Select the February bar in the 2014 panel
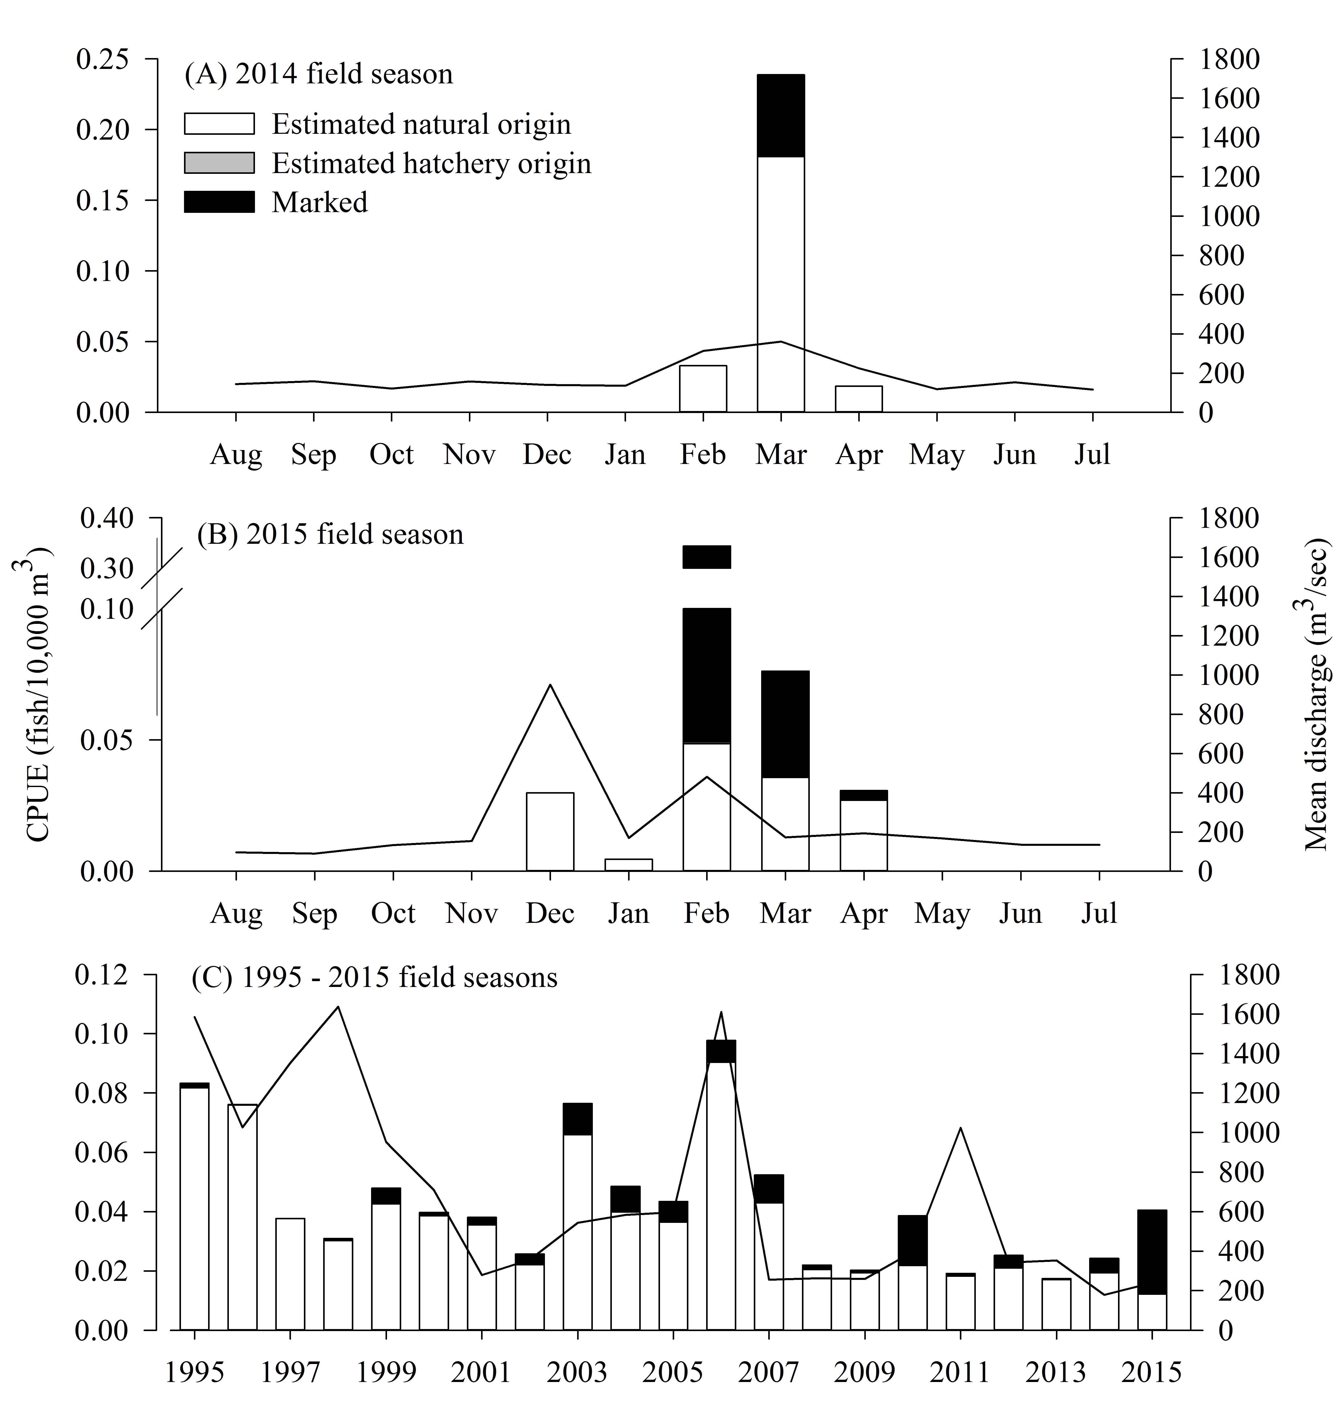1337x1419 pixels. (x=703, y=389)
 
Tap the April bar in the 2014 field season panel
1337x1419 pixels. (x=859, y=399)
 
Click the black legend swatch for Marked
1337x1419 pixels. (x=219, y=202)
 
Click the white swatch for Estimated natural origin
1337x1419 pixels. (x=219, y=124)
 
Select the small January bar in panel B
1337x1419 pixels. (x=629, y=865)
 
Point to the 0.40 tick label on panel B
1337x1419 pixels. (x=107, y=519)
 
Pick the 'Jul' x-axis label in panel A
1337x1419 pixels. (x=1092, y=455)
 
